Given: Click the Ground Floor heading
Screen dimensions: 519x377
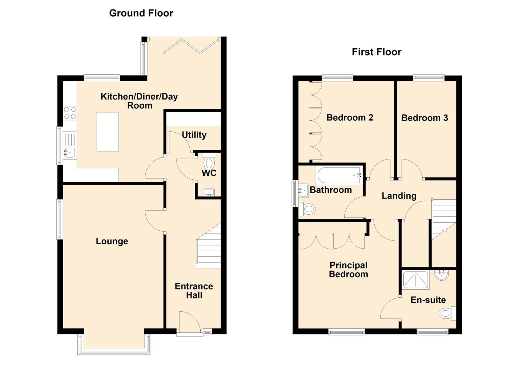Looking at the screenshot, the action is pos(141,13).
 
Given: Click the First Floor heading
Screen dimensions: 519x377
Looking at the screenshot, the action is pos(376,52).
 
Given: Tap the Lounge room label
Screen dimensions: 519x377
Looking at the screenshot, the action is pos(112,241).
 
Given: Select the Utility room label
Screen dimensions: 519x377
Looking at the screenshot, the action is pos(194,135).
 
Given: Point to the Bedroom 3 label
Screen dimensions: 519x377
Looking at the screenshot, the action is pos(425,118).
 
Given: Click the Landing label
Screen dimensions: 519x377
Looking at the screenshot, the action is pos(399,196).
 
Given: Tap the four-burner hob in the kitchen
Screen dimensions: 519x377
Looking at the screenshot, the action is pos(70,113).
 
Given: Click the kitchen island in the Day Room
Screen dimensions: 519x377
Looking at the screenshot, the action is pos(108,132).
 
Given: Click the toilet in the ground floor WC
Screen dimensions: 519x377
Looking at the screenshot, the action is pos(209,161).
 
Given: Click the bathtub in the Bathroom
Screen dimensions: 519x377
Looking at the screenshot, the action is pos(339,176).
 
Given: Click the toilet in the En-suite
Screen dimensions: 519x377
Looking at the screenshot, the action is pos(447,313).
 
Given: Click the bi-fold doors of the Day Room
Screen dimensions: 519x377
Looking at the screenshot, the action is pos(191,46).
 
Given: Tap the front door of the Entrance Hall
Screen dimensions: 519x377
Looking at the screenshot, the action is pos(189,324).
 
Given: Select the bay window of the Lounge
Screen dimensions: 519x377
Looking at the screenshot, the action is pos(114,345).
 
